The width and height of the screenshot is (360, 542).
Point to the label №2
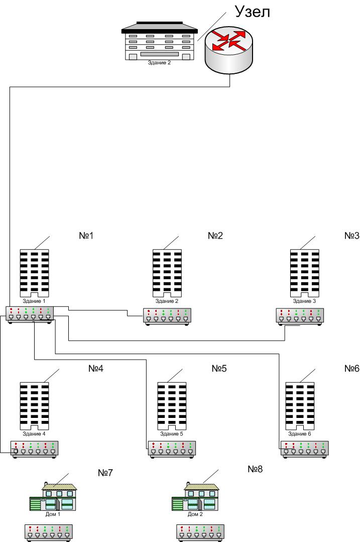[x=215, y=236]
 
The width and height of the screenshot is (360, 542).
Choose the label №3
[x=352, y=236]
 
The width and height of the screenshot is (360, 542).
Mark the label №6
[x=352, y=369]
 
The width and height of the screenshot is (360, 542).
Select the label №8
[x=255, y=469]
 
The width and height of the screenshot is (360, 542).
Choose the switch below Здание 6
[x=305, y=449]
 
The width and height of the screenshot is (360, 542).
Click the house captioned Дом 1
[x=53, y=497]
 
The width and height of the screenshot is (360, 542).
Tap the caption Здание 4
[x=34, y=433]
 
